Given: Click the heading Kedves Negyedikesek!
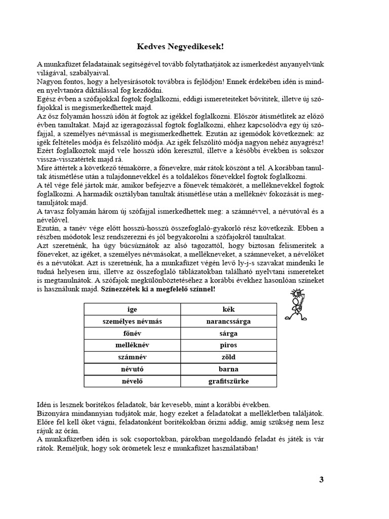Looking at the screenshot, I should coord(180,47).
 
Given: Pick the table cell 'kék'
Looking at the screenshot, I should coord(228,309).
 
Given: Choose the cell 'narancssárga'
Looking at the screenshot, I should coord(228,321).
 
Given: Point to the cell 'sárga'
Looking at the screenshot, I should coord(228,333).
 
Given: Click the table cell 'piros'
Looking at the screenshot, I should coord(228,345).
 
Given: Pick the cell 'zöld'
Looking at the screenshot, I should coord(228,357).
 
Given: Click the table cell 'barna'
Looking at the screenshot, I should coord(228,369).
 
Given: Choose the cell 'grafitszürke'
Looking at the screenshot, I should coord(228,381).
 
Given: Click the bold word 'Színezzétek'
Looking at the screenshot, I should coord(121,289).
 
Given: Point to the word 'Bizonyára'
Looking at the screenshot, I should coord(54,414).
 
